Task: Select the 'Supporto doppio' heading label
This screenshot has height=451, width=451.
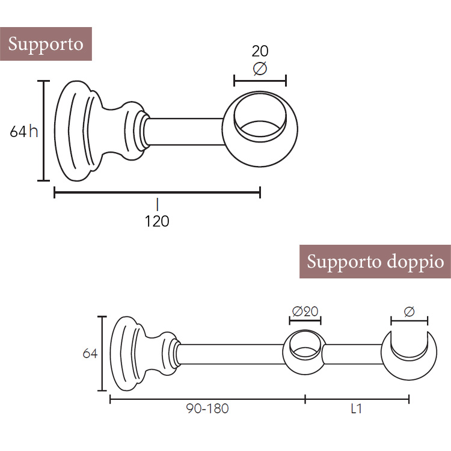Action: pos(375,262)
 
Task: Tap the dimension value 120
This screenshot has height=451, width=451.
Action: pos(157,221)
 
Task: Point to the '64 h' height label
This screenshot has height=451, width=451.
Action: pos(24,131)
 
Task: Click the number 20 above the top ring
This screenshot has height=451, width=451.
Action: pos(260,51)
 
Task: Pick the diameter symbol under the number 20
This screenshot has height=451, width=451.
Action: pos(260,69)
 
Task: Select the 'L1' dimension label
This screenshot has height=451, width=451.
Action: pos(357,409)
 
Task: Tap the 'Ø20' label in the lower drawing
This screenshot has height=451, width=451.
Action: pos(305,311)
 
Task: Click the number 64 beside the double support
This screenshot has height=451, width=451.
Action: pos(90,354)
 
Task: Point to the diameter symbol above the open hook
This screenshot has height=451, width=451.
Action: pos(410,311)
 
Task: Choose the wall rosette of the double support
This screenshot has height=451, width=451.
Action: pos(127,354)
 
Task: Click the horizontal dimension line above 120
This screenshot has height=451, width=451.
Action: pos(157,192)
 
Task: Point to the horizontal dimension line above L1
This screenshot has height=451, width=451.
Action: pos(357,398)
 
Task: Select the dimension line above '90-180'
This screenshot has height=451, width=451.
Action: pos(207,398)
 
